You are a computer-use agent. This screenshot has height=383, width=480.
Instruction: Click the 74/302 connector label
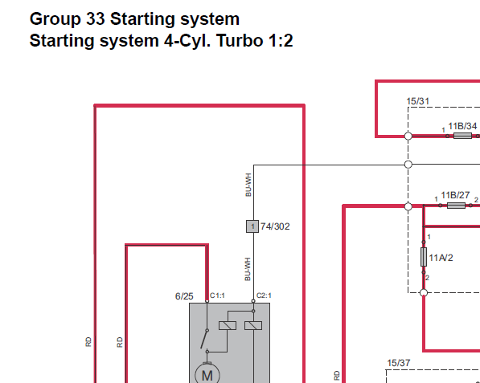pyautogui.click(x=275, y=226)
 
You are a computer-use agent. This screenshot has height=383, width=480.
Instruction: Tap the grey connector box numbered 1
pyautogui.click(x=252, y=226)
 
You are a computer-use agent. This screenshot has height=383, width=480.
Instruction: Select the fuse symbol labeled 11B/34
pyautogui.click(x=462, y=136)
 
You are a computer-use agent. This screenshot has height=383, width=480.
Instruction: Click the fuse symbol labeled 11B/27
pyautogui.click(x=456, y=206)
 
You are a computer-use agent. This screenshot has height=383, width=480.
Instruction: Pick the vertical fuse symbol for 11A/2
pyautogui.click(x=424, y=257)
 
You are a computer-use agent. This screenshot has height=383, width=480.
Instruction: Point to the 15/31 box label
pyautogui.click(x=418, y=101)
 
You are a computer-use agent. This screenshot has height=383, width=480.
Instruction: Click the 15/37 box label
pyautogui.click(x=399, y=363)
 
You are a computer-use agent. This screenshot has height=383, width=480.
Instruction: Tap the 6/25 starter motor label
pyautogui.click(x=184, y=296)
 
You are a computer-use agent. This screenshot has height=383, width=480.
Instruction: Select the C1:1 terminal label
pyautogui.click(x=217, y=295)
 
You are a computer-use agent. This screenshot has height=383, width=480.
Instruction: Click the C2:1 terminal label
pyautogui.click(x=264, y=295)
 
